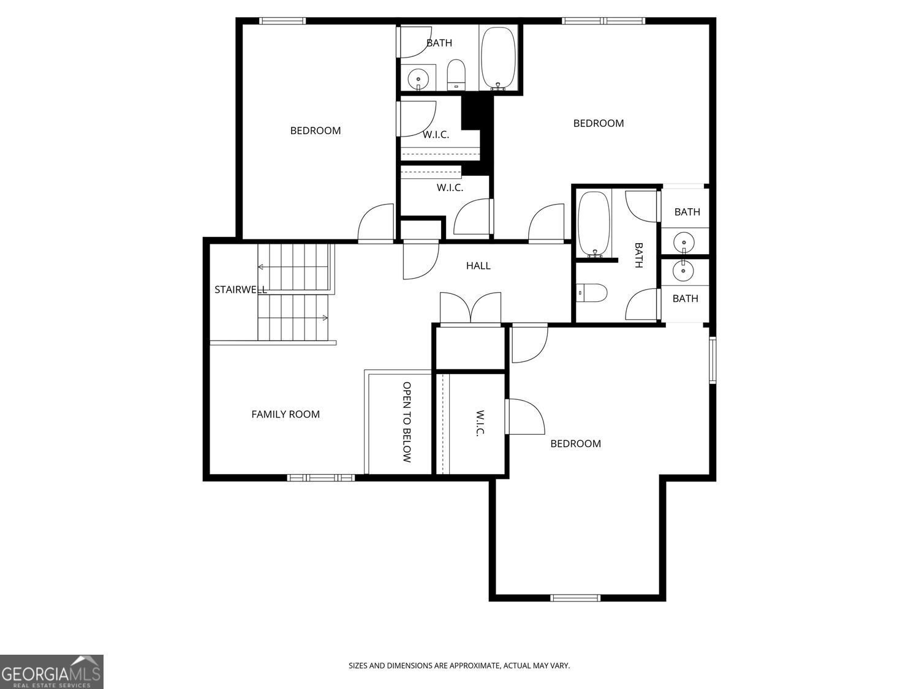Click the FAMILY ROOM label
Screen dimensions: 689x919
[286, 415]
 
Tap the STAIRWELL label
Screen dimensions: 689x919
[240, 290]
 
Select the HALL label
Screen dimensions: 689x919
[478, 266]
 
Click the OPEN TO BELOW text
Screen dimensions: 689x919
[407, 422]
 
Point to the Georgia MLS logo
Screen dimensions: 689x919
[51, 671]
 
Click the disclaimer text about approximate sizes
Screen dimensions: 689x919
[459, 665]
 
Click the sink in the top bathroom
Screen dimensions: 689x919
[418, 78]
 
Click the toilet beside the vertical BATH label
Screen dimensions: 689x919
[593, 293]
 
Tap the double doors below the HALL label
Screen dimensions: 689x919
[471, 309]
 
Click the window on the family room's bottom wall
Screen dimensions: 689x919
[321, 478]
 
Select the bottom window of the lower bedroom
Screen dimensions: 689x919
[575, 598]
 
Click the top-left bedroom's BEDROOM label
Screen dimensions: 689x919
[315, 130]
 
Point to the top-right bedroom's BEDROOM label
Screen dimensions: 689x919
[598, 123]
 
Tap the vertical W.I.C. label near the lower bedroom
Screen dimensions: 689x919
[480, 423]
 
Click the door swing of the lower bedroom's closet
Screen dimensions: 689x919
[526, 418]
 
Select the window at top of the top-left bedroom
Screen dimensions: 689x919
[282, 21]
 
